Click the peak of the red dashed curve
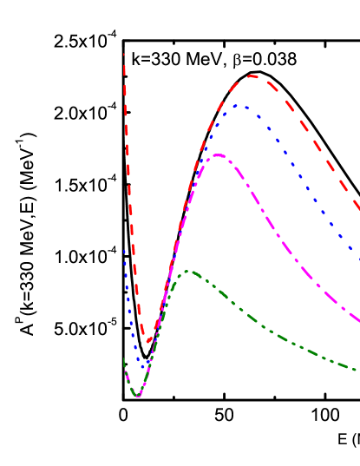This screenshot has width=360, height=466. point(252,76)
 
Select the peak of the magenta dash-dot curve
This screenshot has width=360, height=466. point(218,155)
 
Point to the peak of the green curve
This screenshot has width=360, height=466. point(188,272)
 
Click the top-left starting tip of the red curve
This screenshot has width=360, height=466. point(124,55)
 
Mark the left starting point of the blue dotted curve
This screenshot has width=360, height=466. point(124,251)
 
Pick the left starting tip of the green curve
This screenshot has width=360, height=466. point(124,358)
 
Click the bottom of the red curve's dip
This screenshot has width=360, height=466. point(147,341)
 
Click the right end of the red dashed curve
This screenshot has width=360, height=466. point(358,208)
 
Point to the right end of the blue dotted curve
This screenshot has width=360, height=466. point(358,258)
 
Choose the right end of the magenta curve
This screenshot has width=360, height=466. point(358,321)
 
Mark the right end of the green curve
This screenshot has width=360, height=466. point(356,370)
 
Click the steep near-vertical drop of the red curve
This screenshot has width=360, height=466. point(128,174)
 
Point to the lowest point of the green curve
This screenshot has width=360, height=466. point(136,396)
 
